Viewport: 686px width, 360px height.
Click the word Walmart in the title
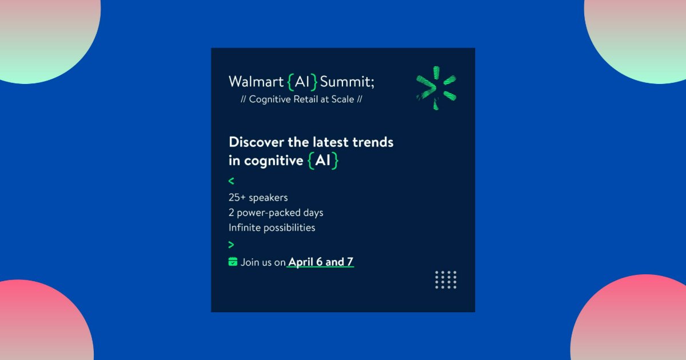pos(256,82)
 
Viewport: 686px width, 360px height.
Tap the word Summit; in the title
pos(348,82)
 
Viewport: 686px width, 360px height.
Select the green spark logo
pos(436,87)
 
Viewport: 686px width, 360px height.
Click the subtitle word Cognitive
pos(270,99)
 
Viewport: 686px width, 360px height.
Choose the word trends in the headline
pos(372,142)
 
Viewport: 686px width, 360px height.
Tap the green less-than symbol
pos(231,181)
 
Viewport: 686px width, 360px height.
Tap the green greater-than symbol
pos(231,245)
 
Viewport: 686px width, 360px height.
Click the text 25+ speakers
pos(258,198)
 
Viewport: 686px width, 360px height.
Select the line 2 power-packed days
pos(276,213)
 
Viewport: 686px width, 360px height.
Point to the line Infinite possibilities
pos(272,227)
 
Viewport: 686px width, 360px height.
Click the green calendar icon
pos(233,262)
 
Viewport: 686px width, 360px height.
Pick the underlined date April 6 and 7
pos(321,262)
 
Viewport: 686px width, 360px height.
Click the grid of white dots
pos(445,279)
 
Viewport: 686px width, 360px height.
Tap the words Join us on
pos(262,262)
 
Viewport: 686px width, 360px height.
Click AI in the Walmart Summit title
pos(302,82)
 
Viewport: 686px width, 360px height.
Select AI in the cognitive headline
pos(323,161)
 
